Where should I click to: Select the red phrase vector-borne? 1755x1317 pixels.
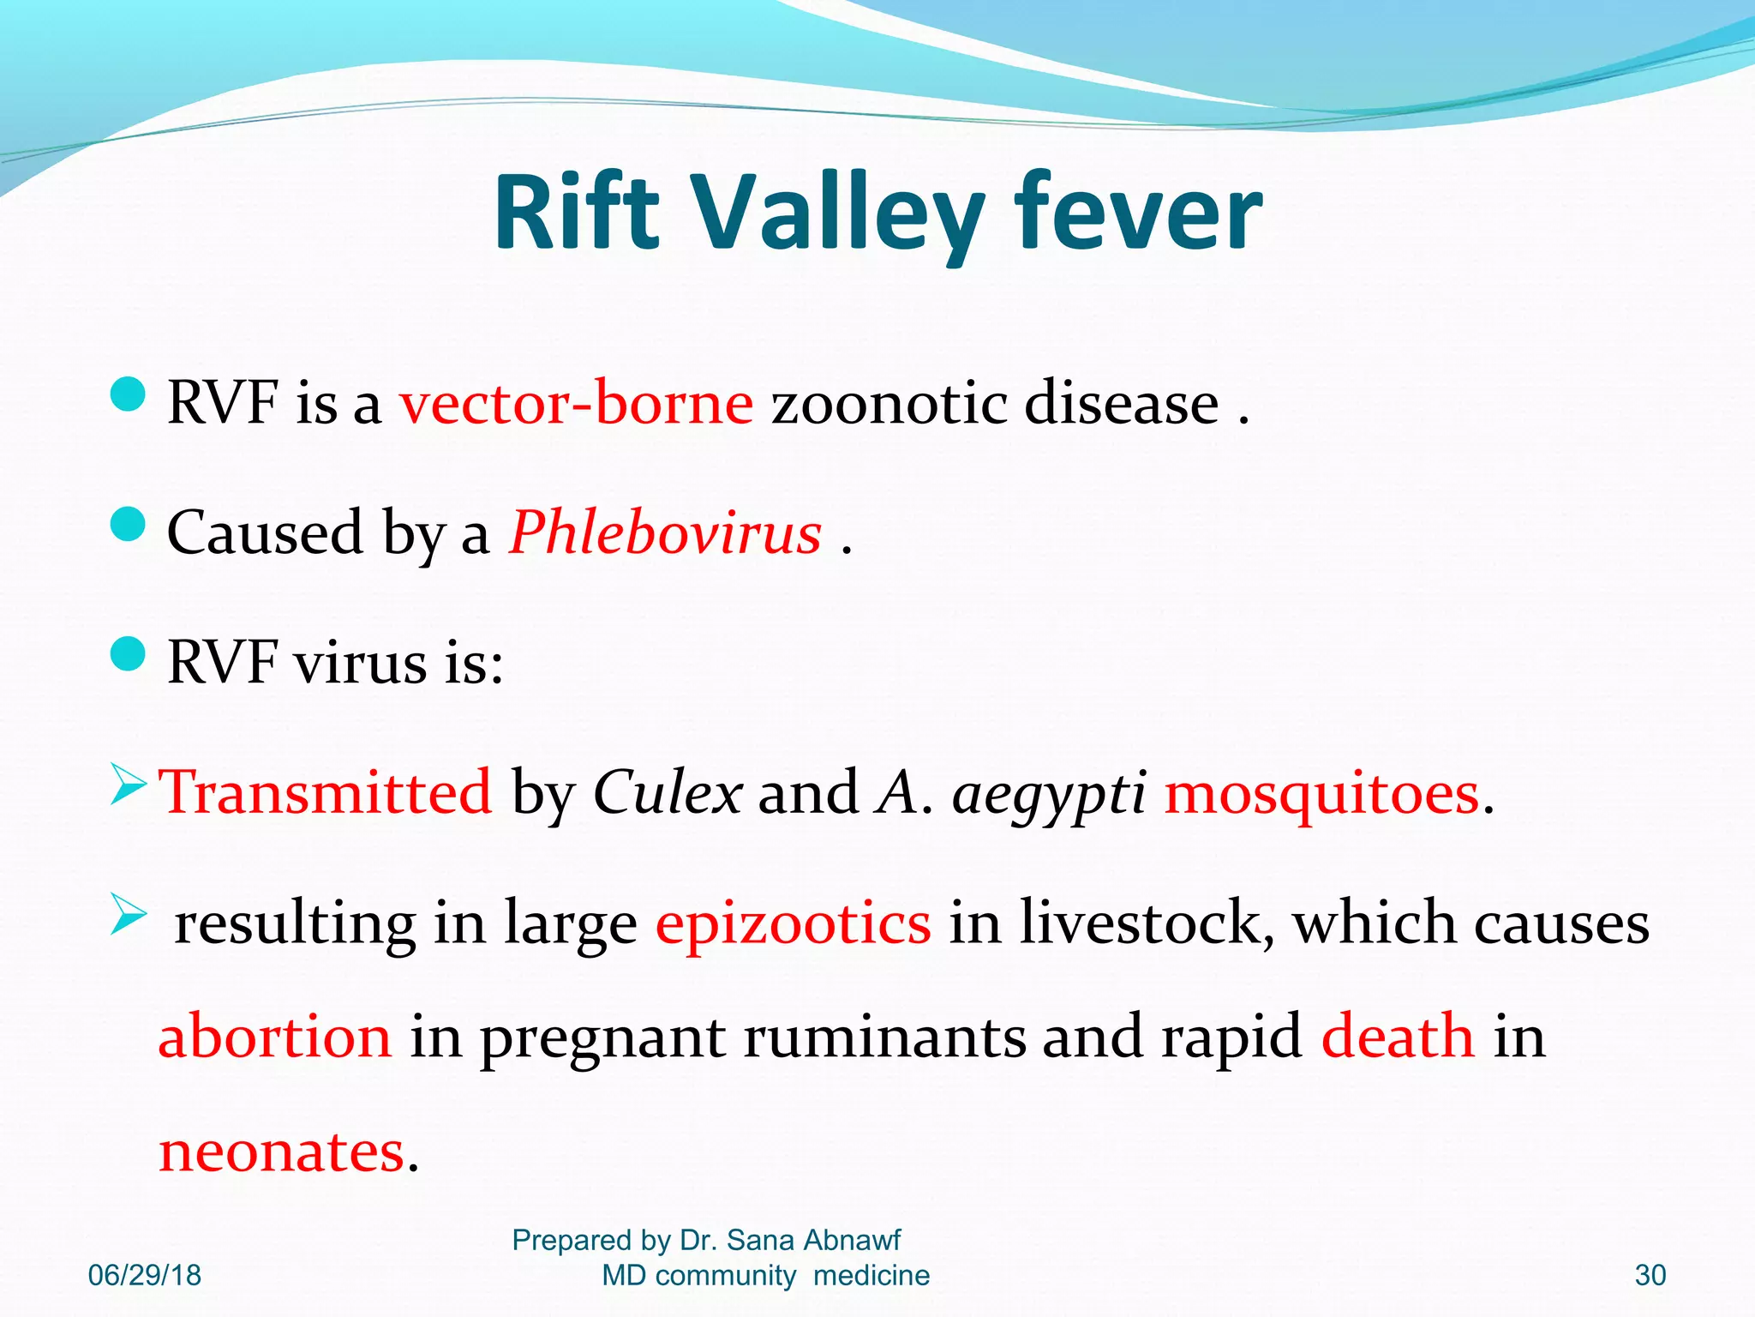point(576,403)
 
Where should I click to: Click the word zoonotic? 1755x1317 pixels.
point(889,403)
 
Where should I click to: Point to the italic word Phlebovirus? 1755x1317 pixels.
point(666,533)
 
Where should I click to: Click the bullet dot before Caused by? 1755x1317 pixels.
point(129,524)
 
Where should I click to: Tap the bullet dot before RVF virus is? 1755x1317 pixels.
point(129,654)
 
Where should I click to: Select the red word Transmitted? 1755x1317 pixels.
point(326,792)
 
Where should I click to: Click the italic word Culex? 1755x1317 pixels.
point(668,792)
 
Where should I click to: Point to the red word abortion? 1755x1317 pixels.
point(274,1036)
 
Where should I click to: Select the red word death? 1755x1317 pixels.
point(1398,1036)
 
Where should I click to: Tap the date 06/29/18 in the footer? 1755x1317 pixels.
point(145,1275)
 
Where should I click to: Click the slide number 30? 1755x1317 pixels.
point(1650,1275)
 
